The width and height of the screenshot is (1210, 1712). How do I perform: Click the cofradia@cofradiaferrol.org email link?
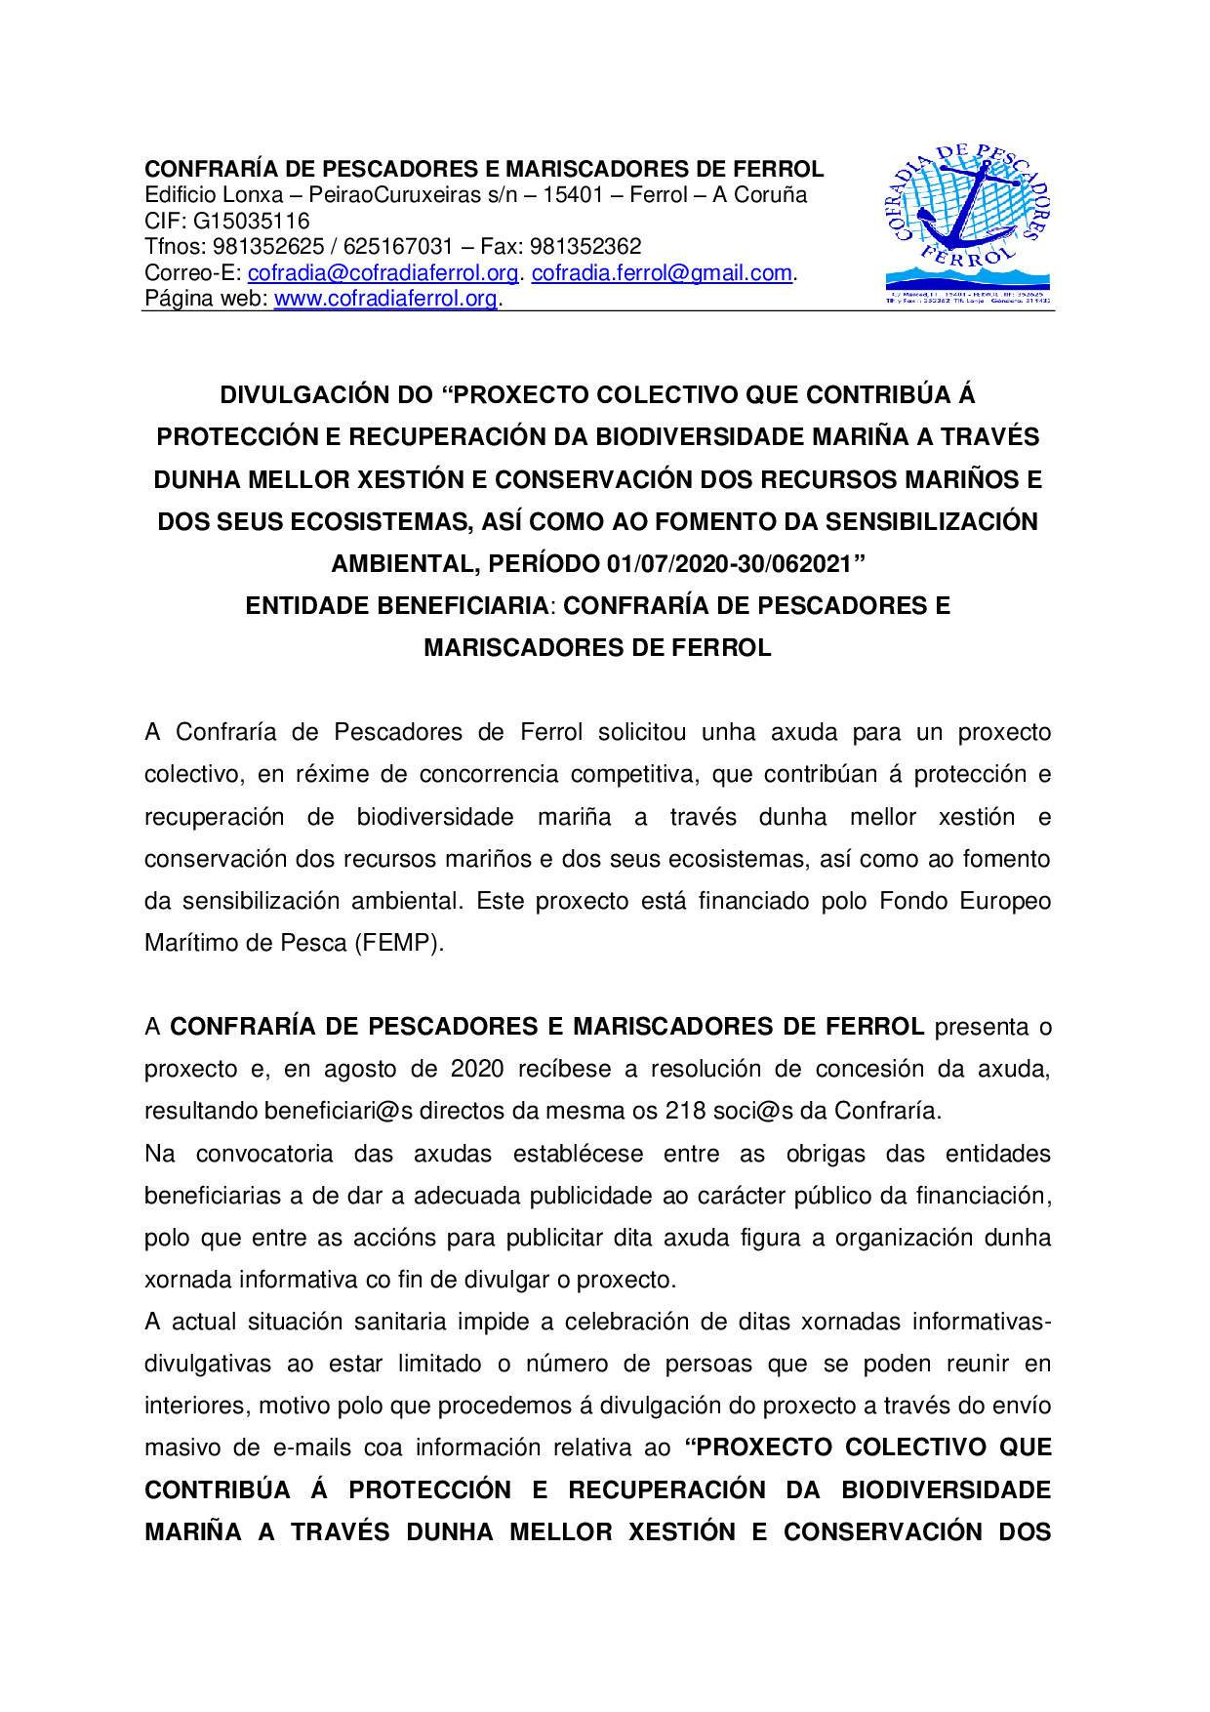point(383,273)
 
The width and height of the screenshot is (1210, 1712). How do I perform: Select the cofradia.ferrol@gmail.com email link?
point(661,273)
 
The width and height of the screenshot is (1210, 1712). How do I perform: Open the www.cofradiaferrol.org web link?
point(385,299)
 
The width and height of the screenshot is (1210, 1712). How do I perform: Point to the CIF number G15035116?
point(251,222)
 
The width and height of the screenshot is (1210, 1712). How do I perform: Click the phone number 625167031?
point(398,247)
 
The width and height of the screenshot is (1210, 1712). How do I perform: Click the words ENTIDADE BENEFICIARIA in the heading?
point(396,606)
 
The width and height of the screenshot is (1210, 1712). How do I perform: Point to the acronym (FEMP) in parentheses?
point(399,944)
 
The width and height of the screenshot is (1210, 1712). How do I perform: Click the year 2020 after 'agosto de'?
point(476,1070)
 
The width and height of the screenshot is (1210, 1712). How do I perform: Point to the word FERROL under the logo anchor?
point(967,260)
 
